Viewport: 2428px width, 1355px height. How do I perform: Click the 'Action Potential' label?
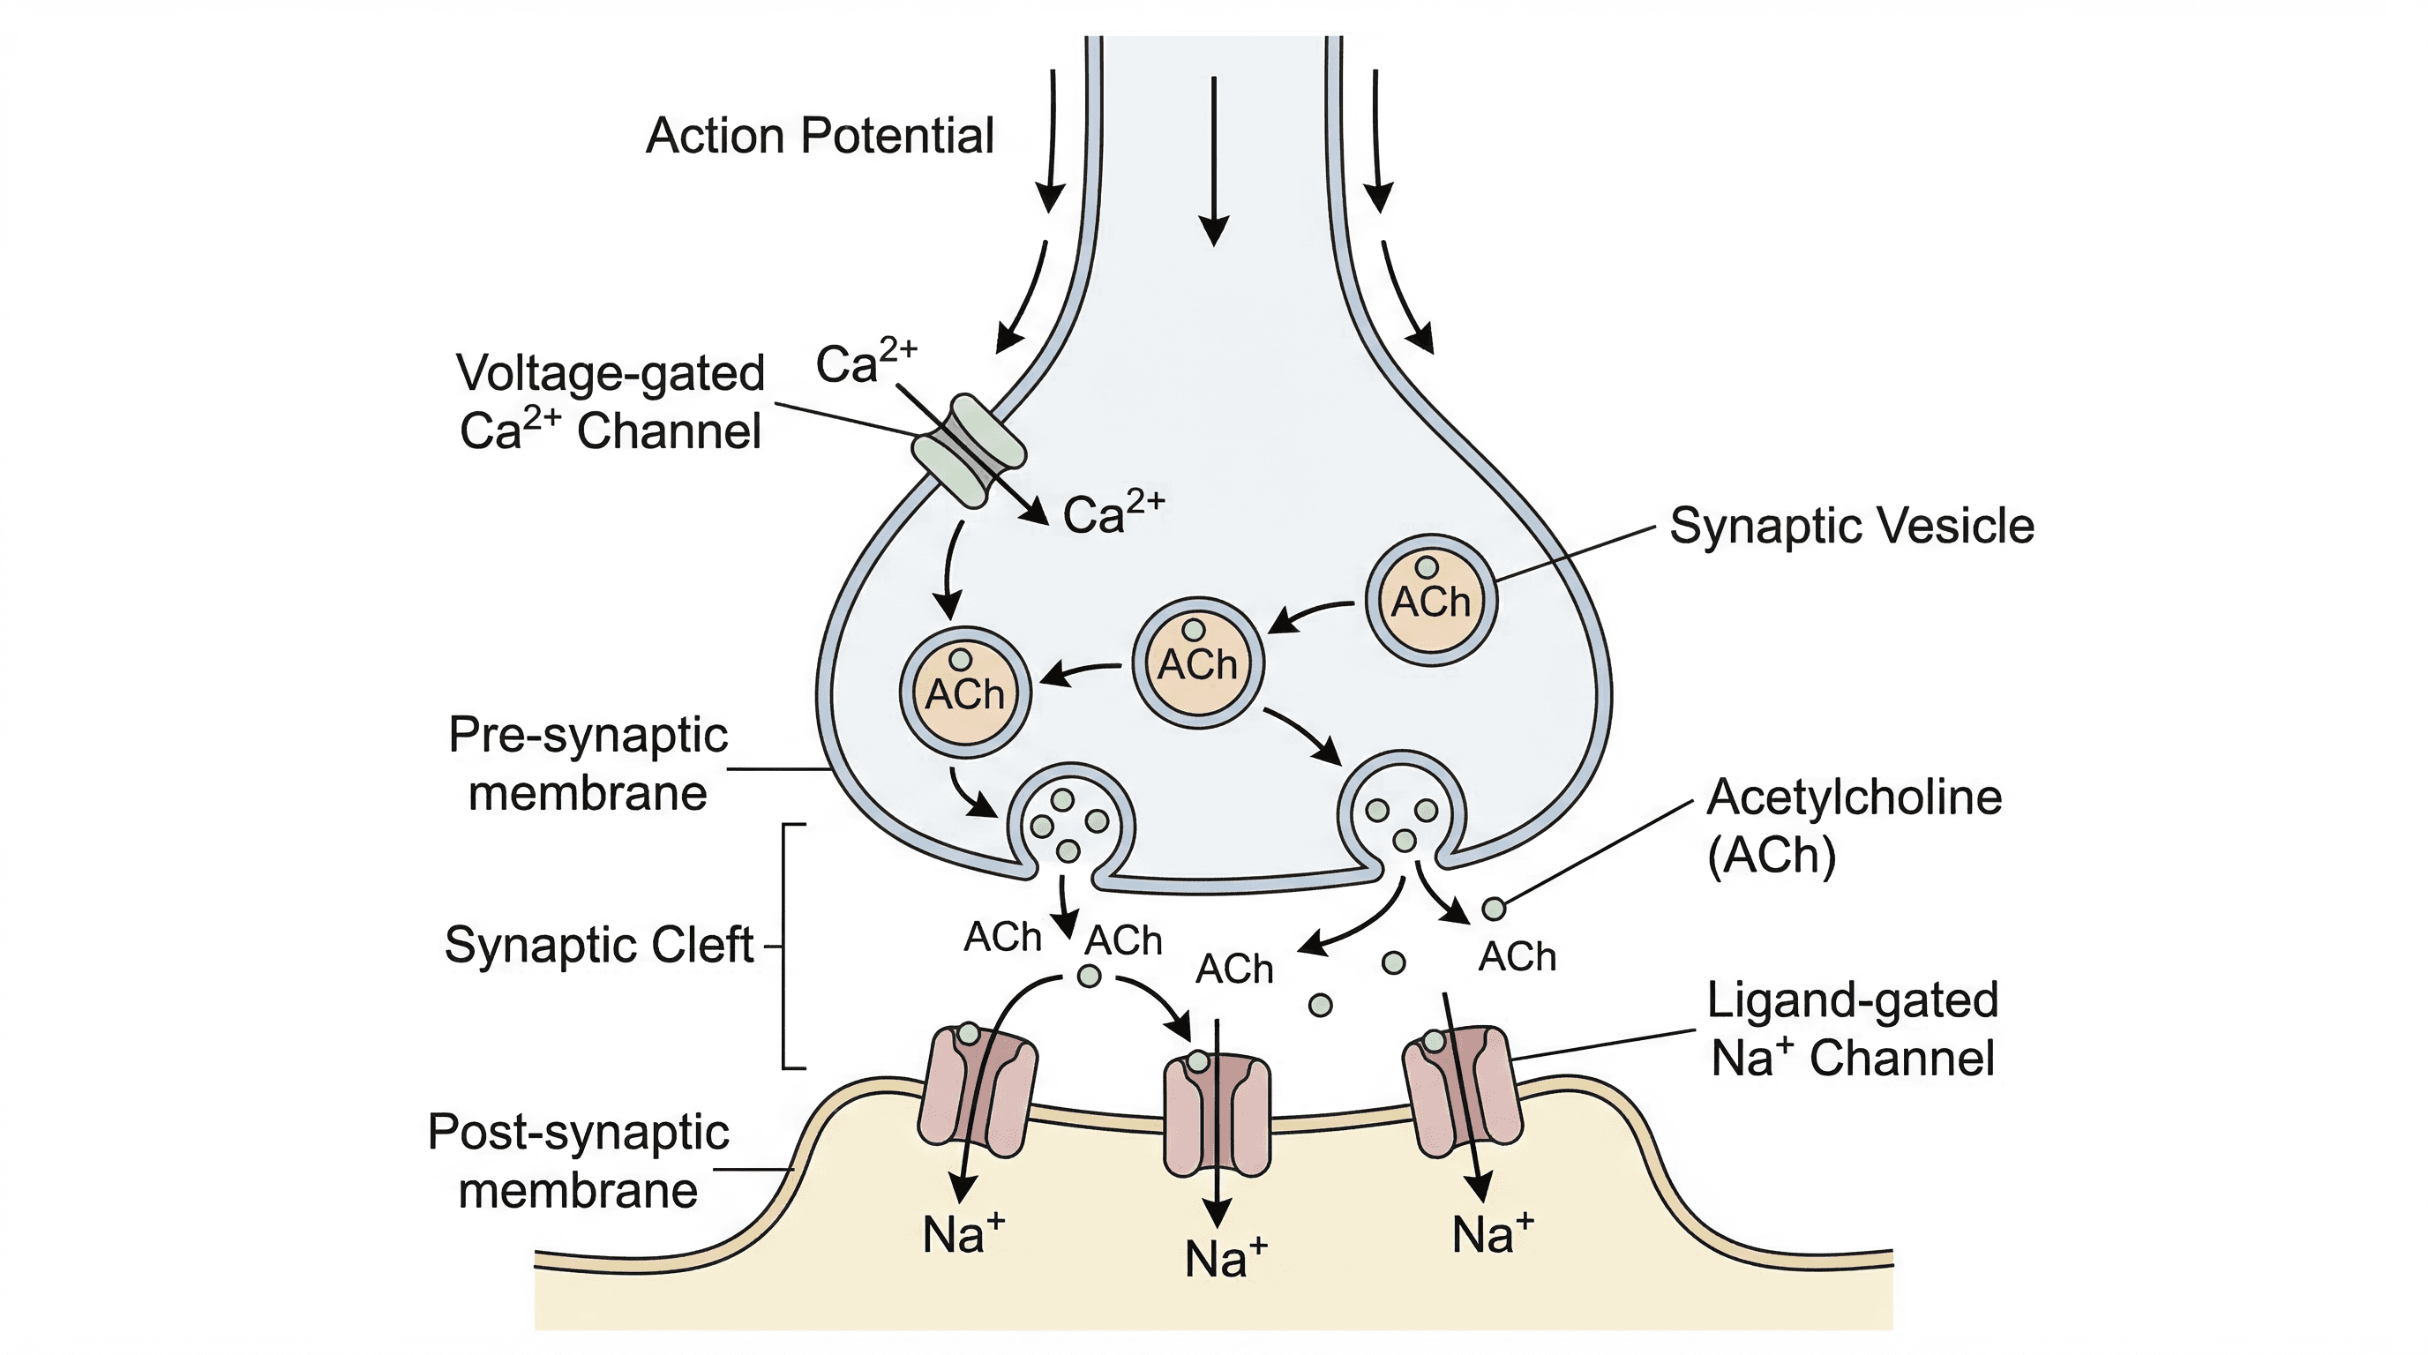pyautogui.click(x=819, y=136)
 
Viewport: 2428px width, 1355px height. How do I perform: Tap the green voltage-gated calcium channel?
pyautogui.click(x=968, y=452)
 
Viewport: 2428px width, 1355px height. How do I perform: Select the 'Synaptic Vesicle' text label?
pyautogui.click(x=1851, y=526)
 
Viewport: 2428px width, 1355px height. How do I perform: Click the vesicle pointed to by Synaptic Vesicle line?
pyautogui.click(x=1431, y=600)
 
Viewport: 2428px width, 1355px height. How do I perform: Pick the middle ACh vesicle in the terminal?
pyautogui.click(x=1197, y=663)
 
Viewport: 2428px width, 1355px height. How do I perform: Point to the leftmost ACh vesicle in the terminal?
pyautogui.click(x=965, y=692)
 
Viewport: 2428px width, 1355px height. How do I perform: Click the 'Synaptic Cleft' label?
pyautogui.click(x=599, y=945)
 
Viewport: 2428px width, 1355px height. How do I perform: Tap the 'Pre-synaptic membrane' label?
pyautogui.click(x=588, y=763)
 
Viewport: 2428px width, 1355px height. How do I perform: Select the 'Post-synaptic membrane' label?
pyautogui.click(x=578, y=1161)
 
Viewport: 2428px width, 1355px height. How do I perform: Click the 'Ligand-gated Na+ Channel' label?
pyautogui.click(x=1852, y=1029)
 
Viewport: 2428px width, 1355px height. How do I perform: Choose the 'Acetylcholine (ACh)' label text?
pyautogui.click(x=1853, y=826)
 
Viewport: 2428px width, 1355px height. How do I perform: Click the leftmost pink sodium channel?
pyautogui.click(x=978, y=1091)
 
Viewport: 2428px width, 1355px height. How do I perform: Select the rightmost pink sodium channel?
pyautogui.click(x=1462, y=1091)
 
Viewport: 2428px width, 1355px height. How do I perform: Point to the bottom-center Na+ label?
pyautogui.click(x=1225, y=1259)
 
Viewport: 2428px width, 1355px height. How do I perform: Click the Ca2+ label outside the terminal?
pyautogui.click(x=866, y=362)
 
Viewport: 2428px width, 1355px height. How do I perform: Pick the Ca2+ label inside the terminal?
pyautogui.click(x=1113, y=513)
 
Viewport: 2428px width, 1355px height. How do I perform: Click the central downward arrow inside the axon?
pyautogui.click(x=1214, y=161)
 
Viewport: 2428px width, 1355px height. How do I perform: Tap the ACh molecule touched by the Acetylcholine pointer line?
pyautogui.click(x=1493, y=910)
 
